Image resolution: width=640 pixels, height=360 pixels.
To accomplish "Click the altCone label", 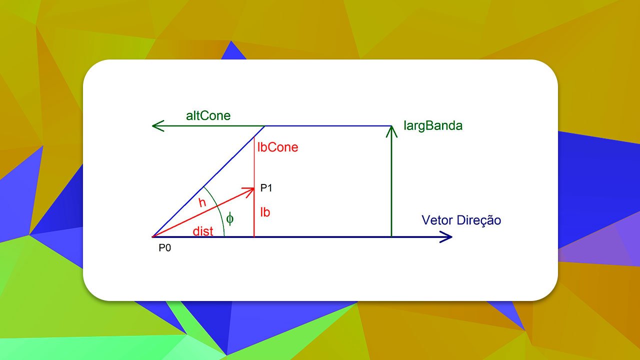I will tap(208, 116).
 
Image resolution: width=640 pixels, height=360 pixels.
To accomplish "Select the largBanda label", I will tap(433, 126).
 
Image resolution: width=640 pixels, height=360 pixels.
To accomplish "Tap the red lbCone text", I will tap(277, 147).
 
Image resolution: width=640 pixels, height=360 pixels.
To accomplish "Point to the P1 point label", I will tap(266, 188).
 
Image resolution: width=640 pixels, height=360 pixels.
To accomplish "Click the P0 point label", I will tap(165, 247).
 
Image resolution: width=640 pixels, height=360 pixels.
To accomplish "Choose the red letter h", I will tap(202, 203).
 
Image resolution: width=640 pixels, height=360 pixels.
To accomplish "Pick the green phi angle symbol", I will tap(230, 218).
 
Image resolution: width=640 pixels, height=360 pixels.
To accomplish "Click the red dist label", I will tap(203, 231).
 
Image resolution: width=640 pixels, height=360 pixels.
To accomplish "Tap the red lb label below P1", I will tap(265, 212).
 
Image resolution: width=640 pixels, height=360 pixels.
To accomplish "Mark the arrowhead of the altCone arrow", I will tap(157, 125).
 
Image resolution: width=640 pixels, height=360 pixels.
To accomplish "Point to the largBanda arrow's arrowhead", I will tap(391, 130).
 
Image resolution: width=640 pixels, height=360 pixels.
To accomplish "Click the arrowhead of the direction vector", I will tap(447, 236).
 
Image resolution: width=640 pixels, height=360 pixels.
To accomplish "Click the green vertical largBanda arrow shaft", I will tap(391, 185).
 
